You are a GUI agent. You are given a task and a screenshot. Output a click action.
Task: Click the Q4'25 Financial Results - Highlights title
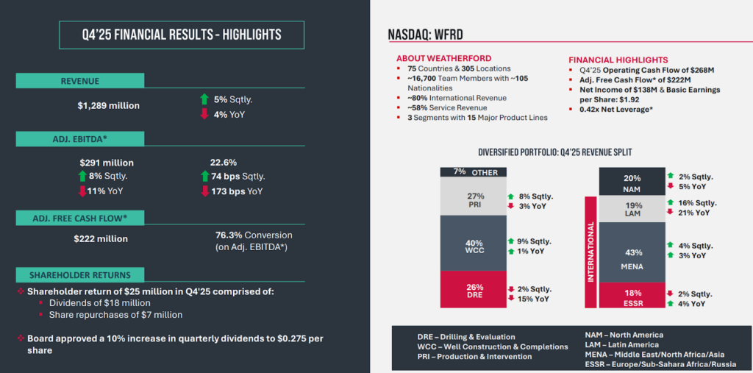(171, 35)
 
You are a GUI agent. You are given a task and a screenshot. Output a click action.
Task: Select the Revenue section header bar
(79, 81)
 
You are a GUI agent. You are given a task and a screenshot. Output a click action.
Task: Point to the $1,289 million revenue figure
(108, 106)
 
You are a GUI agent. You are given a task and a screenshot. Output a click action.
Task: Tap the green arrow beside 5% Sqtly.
(204, 99)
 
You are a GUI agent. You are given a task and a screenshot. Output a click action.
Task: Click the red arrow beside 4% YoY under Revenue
(204, 114)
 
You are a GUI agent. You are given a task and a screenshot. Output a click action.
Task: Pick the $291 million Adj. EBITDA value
(107, 163)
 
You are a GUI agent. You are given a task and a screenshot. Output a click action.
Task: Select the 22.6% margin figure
(223, 163)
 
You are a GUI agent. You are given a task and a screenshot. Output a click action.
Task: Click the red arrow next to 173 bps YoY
(204, 191)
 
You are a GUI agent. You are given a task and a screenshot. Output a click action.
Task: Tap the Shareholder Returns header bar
(80, 275)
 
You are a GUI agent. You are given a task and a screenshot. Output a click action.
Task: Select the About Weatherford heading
(443, 59)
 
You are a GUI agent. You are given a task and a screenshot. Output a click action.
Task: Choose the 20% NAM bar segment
(632, 181)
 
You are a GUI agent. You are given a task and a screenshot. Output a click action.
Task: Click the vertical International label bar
(589, 252)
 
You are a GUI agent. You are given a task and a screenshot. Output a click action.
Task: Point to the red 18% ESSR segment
(632, 296)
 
